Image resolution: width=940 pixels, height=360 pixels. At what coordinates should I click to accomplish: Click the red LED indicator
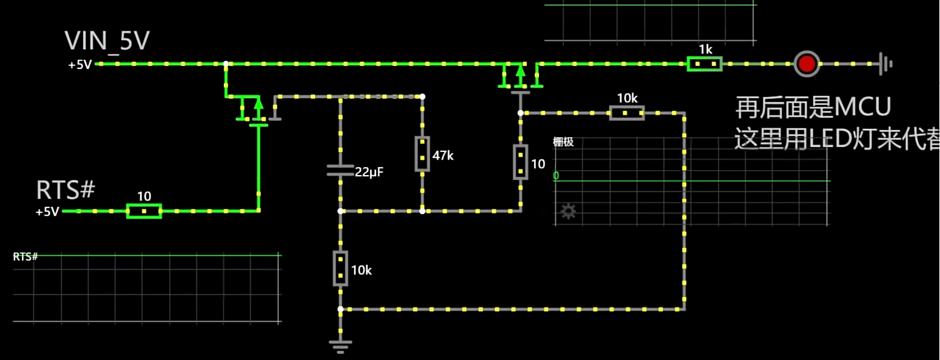point(807,63)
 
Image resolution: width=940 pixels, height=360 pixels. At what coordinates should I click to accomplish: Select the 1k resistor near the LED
point(704,63)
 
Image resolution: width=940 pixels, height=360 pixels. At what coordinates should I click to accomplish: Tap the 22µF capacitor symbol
point(340,170)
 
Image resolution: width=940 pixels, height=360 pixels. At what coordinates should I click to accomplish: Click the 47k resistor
point(422,154)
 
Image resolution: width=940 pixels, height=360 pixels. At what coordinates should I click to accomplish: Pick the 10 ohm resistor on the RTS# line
point(144,211)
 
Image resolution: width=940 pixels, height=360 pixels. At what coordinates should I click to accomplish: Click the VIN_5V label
point(107,41)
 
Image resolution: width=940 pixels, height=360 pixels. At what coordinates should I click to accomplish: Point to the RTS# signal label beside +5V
point(65,190)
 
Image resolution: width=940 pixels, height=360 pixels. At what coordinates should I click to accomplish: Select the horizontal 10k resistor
point(627,113)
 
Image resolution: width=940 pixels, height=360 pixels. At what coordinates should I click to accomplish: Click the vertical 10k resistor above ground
point(340,268)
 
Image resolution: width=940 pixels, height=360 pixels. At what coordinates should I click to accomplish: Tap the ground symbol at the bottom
point(340,347)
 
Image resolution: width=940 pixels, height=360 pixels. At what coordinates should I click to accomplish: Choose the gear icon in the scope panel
point(568,212)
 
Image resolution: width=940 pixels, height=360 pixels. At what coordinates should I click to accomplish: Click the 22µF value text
point(369,172)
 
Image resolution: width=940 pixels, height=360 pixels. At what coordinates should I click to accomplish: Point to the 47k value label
point(443,156)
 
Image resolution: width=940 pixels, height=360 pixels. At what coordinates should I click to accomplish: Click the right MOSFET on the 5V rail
point(520,76)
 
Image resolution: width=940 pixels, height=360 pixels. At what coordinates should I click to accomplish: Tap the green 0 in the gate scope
point(555,176)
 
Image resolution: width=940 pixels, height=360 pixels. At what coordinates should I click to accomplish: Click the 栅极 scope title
point(563,142)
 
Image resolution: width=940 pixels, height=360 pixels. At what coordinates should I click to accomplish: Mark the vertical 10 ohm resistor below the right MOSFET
point(520,162)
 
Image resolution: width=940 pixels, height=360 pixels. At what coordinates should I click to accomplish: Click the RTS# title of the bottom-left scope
point(26,257)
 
